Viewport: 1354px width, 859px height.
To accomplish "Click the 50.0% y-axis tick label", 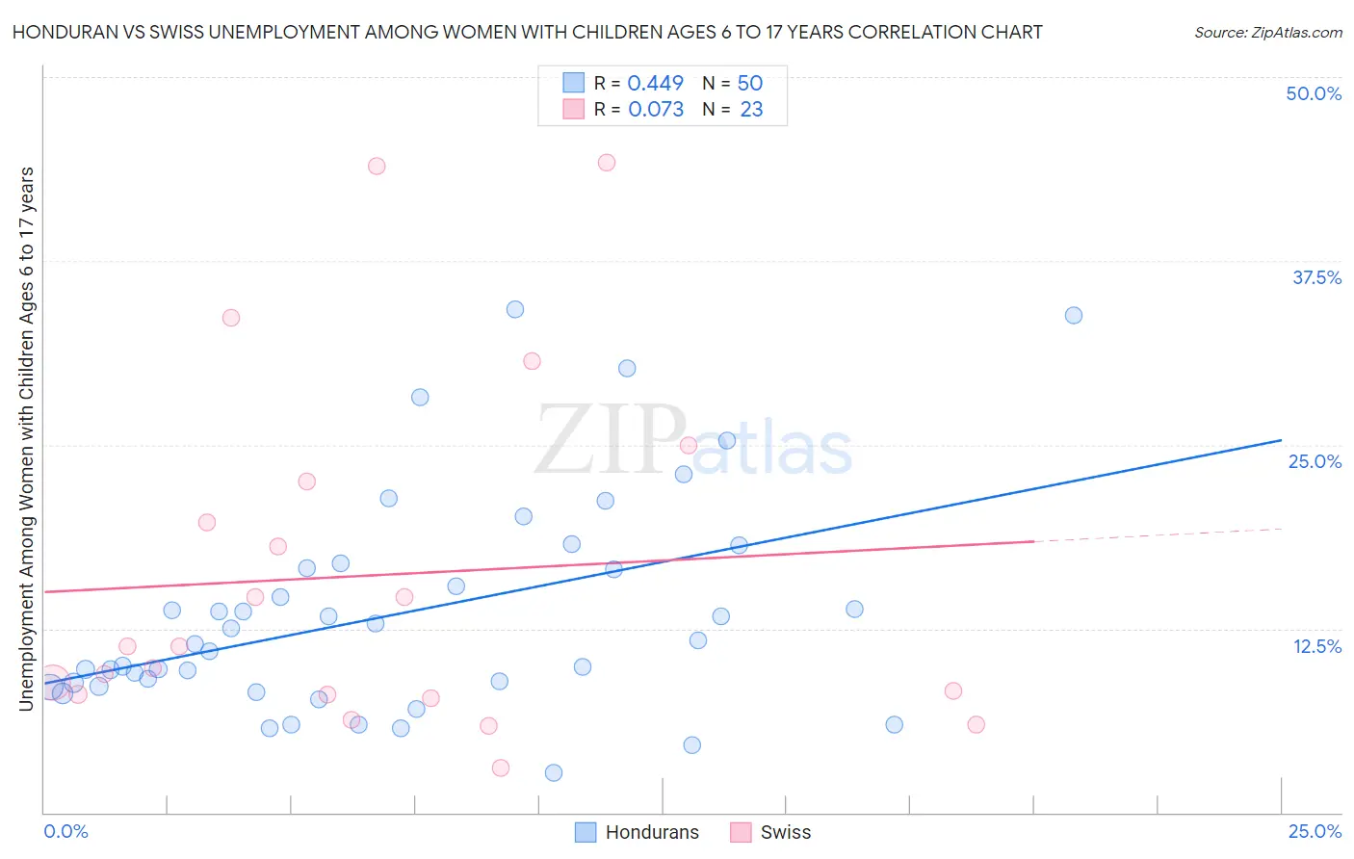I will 1314,93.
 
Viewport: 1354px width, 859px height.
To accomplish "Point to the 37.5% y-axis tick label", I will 1316,277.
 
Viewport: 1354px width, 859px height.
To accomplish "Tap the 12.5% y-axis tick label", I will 1316,646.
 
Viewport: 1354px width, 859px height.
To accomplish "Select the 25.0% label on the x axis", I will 1315,831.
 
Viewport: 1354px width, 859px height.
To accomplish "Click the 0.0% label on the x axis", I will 65,831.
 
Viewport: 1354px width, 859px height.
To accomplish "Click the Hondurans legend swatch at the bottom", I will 585,832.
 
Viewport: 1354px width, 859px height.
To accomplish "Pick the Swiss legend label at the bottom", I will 785,832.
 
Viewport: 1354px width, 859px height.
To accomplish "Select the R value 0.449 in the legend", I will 655,84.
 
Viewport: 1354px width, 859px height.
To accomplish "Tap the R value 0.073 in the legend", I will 655,110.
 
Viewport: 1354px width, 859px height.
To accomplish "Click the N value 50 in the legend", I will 749,84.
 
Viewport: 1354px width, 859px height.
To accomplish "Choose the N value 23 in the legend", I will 751,110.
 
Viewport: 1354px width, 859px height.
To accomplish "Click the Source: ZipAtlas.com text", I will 1267,33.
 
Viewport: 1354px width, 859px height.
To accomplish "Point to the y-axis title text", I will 26,438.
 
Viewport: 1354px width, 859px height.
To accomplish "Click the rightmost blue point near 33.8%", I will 1073,316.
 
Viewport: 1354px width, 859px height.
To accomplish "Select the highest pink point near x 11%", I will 606,163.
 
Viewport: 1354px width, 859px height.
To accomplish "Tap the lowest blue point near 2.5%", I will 553,772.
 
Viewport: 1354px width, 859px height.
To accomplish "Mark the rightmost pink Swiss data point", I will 976,725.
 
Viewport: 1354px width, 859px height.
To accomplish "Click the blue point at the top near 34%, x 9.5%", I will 515,309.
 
